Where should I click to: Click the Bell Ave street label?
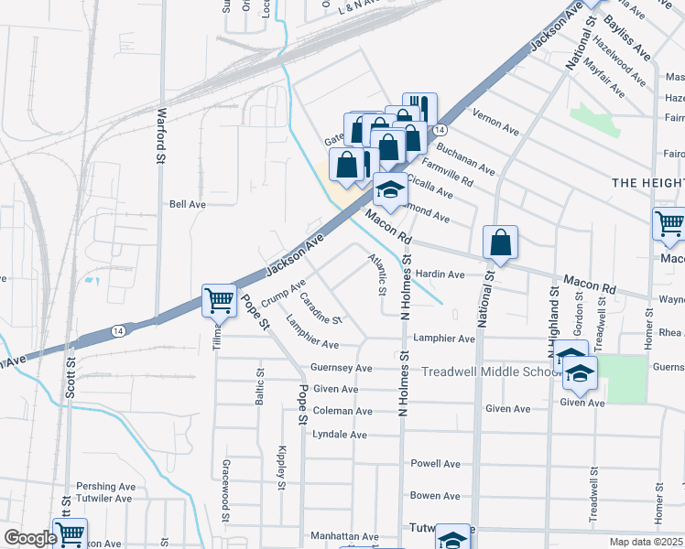click(188, 204)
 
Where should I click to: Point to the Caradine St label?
click(321, 308)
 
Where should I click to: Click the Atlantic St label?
click(376, 274)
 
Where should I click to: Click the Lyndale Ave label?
click(340, 435)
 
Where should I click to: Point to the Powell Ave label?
click(435, 464)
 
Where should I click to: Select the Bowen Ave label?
click(435, 495)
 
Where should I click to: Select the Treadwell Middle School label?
click(491, 371)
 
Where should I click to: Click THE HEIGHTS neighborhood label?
click(647, 183)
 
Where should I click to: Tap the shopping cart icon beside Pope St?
click(219, 300)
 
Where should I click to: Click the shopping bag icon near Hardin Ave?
click(501, 243)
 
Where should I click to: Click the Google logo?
click(30, 538)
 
